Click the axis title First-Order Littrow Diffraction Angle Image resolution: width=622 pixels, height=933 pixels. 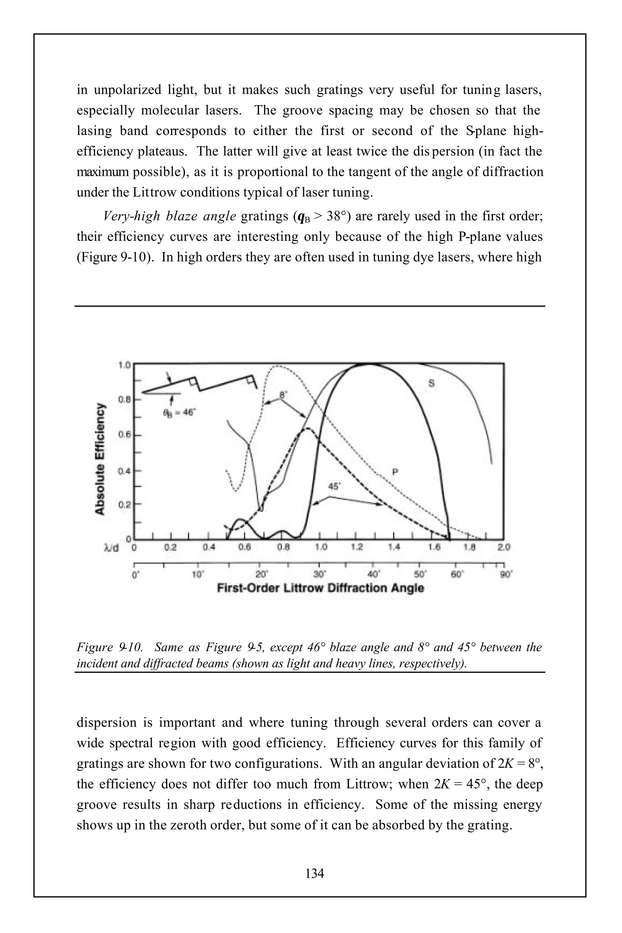[320, 588]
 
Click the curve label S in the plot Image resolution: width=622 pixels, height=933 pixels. [431, 383]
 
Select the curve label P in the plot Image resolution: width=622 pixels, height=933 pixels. [395, 472]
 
